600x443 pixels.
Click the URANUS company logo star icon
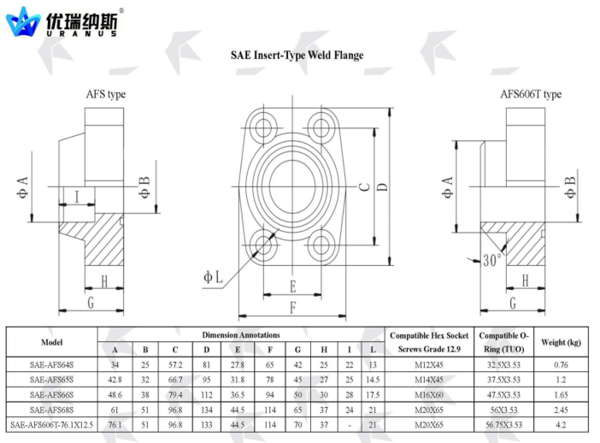click(23, 22)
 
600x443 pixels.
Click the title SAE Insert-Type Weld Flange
click(297, 56)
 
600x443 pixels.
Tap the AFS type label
click(106, 94)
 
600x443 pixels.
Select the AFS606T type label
click(531, 94)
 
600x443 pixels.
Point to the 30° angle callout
click(491, 260)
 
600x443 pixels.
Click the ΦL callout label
click(213, 277)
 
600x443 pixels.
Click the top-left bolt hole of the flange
click(263, 127)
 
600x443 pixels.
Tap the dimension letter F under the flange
click(292, 308)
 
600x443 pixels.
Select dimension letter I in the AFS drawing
click(77, 198)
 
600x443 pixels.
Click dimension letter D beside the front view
click(383, 186)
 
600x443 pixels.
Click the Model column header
click(51, 342)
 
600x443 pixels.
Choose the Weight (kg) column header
click(561, 342)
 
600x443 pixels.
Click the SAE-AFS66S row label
click(51, 395)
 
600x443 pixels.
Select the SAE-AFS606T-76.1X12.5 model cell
click(51, 425)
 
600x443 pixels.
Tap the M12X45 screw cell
click(429, 365)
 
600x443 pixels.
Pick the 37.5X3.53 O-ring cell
click(503, 380)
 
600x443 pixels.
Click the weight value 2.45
click(561, 410)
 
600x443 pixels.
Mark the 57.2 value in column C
click(175, 365)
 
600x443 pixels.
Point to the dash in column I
click(349, 425)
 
